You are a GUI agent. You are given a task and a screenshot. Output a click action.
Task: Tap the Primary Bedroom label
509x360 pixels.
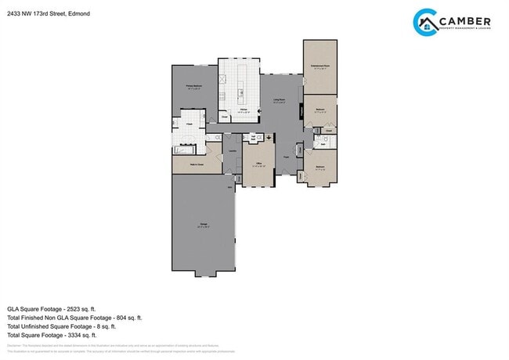tap(194, 87)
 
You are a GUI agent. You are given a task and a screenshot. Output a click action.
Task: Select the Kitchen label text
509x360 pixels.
tap(244, 110)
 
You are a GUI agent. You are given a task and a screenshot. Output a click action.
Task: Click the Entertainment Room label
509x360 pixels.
tap(319, 67)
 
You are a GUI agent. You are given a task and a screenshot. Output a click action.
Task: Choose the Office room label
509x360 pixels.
tap(258, 164)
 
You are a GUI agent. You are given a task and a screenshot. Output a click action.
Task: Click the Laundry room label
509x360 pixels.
tap(233, 151)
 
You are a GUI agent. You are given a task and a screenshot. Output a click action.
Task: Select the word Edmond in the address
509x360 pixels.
tap(78, 13)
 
